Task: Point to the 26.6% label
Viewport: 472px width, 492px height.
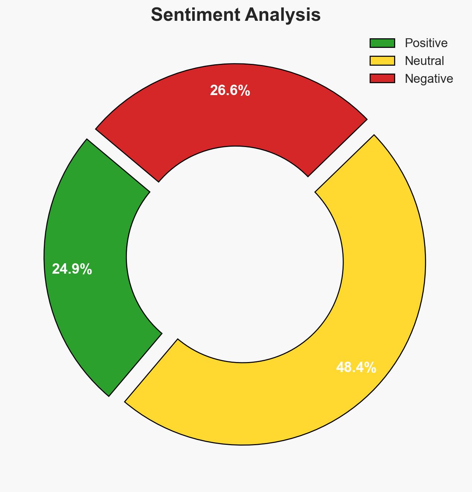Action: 230,91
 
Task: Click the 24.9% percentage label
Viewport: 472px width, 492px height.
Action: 72,269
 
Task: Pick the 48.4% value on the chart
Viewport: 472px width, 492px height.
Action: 356,368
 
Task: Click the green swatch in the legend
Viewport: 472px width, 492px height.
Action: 382,43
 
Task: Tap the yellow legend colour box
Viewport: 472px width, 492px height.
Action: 382,61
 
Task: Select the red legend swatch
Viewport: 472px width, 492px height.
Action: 382,78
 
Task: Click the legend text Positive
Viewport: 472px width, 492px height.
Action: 426,43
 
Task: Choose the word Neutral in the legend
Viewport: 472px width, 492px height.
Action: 424,61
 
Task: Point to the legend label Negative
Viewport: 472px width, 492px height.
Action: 429,79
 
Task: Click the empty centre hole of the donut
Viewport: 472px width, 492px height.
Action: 235,256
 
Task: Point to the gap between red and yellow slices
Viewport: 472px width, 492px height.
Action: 341,156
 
